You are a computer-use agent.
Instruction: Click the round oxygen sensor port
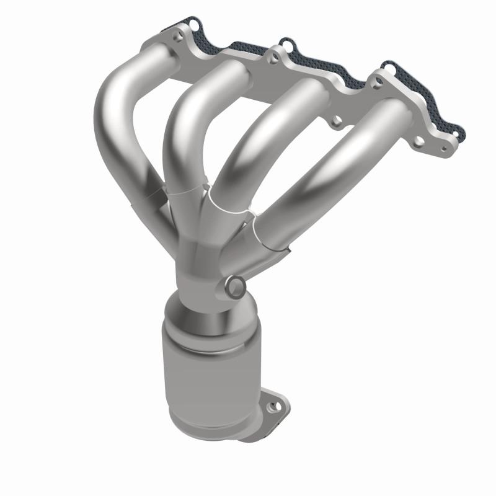tap(236, 286)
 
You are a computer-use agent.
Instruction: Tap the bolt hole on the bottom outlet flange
tap(270, 408)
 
